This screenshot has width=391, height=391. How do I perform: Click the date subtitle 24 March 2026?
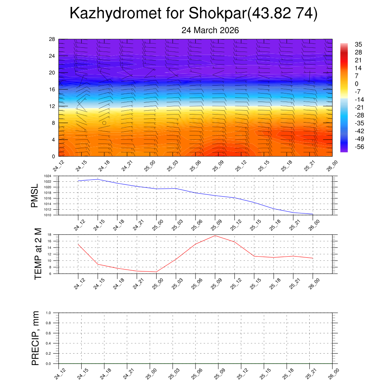(x=210, y=31)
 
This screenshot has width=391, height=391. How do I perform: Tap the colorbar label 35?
(x=358, y=44)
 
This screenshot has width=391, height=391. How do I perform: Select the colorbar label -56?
(x=359, y=147)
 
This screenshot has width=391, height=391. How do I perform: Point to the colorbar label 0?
(x=357, y=84)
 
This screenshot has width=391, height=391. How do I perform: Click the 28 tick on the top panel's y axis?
(x=52, y=39)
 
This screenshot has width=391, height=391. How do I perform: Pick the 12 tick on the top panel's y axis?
(x=52, y=106)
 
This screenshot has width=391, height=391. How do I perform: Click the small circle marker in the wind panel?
(x=104, y=123)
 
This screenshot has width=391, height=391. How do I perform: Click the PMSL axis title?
(x=35, y=195)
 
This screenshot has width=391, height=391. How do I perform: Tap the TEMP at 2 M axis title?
(x=37, y=254)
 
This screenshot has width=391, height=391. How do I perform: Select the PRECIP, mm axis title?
(x=36, y=338)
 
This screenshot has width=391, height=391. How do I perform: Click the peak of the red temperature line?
(x=215, y=236)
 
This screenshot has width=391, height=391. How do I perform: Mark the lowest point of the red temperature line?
(x=156, y=272)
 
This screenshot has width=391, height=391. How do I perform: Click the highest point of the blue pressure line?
(x=98, y=179)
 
